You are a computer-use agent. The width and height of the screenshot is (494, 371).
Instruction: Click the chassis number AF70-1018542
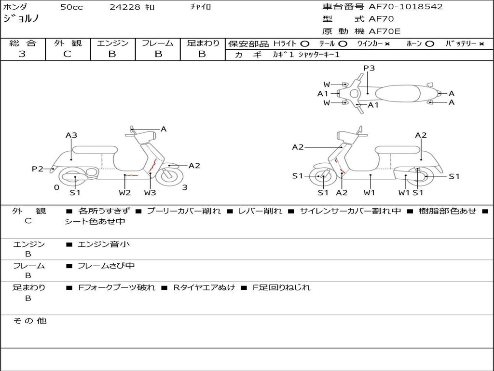[405, 7]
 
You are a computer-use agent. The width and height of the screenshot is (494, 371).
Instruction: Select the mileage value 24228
[125, 7]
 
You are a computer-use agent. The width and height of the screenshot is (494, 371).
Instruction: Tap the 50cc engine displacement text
[71, 7]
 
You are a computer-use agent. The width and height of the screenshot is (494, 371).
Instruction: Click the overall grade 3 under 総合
[22, 54]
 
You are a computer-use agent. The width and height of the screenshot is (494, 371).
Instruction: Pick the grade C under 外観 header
[68, 54]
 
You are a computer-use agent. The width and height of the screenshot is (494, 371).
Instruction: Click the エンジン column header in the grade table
[112, 43]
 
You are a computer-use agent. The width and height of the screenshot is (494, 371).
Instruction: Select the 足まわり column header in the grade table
[203, 43]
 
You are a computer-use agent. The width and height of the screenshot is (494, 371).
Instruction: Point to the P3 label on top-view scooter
[369, 68]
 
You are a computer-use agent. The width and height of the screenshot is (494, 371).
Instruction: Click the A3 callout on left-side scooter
[71, 135]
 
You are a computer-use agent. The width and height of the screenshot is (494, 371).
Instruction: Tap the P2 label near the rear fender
[37, 169]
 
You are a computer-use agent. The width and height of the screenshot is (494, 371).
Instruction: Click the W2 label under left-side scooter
[125, 193]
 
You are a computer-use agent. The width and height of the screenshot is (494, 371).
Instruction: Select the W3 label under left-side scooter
[150, 193]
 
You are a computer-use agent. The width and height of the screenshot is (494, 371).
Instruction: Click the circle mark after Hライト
[304, 43]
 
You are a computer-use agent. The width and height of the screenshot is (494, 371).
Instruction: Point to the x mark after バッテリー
[481, 43]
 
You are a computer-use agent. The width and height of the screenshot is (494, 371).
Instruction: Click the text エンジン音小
[104, 244]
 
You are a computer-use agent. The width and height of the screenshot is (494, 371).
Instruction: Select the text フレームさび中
[106, 266]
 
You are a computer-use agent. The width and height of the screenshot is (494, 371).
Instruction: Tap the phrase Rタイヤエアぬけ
[204, 287]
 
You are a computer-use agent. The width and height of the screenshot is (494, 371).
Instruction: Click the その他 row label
[30, 321]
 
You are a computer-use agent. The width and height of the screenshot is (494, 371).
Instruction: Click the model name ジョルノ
[21, 19]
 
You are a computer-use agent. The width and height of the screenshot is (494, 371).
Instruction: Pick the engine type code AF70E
[384, 31]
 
